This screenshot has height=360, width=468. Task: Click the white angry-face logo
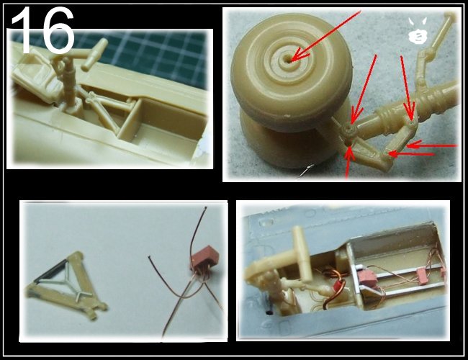(x=418, y=31)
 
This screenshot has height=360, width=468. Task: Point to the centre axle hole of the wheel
(x=290, y=60)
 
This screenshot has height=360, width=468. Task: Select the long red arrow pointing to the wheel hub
(x=326, y=35)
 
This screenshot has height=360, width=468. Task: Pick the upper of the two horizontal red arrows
(x=432, y=145)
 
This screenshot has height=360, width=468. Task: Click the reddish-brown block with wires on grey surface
(x=204, y=258)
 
